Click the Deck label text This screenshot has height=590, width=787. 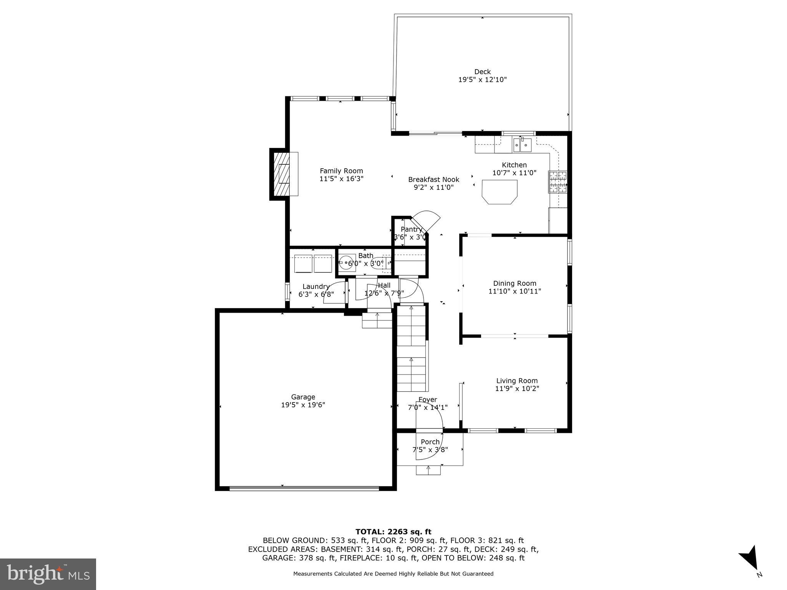pyautogui.click(x=482, y=72)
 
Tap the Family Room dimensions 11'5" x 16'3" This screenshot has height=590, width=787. pyautogui.click(x=341, y=179)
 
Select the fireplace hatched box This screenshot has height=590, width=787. pyautogui.click(x=281, y=174)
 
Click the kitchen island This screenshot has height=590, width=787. pyautogui.click(x=500, y=191)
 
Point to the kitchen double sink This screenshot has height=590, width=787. pyautogui.click(x=522, y=145)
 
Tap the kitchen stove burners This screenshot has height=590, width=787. pyautogui.click(x=558, y=182)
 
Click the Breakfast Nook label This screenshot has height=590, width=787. pyautogui.click(x=433, y=179)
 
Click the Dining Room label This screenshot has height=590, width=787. pyautogui.click(x=515, y=283)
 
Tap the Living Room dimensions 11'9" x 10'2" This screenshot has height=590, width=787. pyautogui.click(x=517, y=388)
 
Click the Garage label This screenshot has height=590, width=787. pyautogui.click(x=303, y=397)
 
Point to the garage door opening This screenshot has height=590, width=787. pyautogui.click(x=304, y=489)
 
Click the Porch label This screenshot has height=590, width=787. pyautogui.click(x=430, y=442)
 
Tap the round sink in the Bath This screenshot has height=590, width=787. pyautogui.click(x=347, y=262)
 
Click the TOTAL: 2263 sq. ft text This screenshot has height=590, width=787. pyautogui.click(x=393, y=532)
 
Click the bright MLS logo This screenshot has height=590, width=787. pyautogui.click(x=48, y=574)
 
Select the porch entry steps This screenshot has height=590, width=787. pyautogui.click(x=428, y=470)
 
